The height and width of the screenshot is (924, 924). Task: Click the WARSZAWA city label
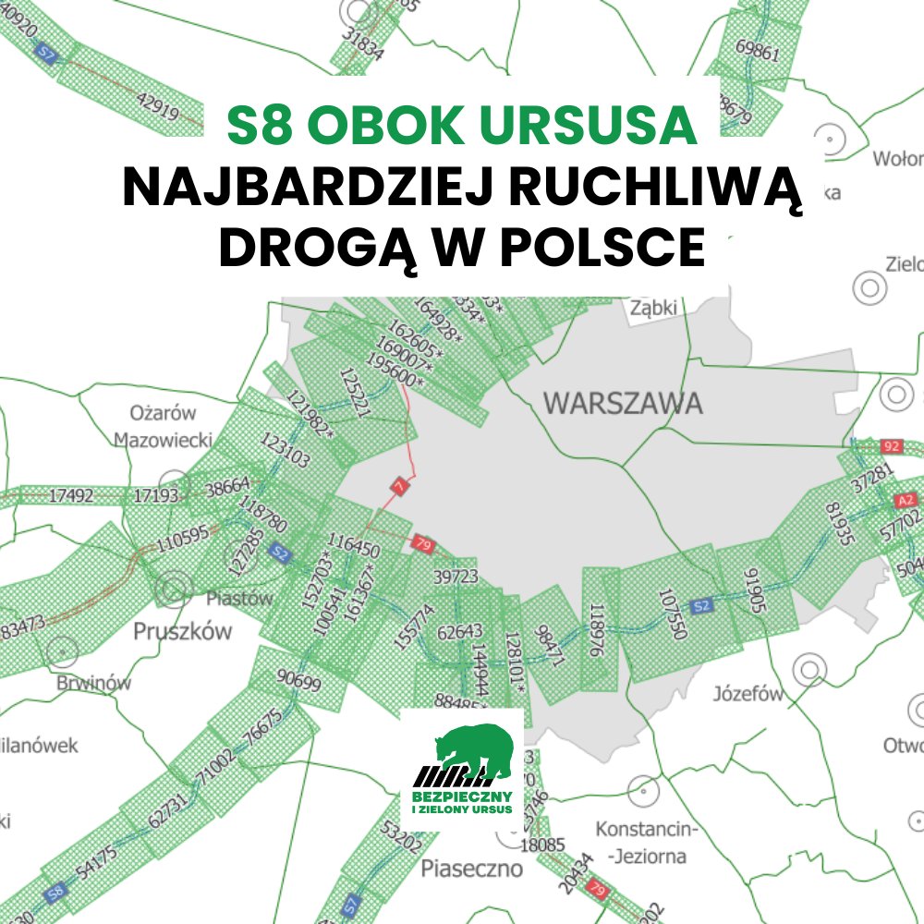pyautogui.click(x=623, y=404)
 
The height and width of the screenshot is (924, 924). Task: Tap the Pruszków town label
pyautogui.click(x=183, y=632)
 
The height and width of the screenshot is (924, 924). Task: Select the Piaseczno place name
pyautogui.click(x=471, y=869)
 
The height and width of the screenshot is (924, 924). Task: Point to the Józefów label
pyautogui.click(x=748, y=694)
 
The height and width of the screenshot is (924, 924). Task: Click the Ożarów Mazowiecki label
pyautogui.click(x=164, y=426)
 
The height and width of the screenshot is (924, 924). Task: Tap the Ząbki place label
pyautogui.click(x=654, y=308)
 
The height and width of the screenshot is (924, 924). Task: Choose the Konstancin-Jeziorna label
pyautogui.click(x=640, y=842)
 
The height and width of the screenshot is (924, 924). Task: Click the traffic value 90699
pyautogui.click(x=298, y=684)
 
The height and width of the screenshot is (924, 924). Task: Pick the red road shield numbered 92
pyautogui.click(x=892, y=446)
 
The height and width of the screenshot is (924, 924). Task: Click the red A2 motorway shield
pyautogui.click(x=906, y=501)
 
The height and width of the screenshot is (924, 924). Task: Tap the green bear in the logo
pyautogui.click(x=477, y=749)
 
